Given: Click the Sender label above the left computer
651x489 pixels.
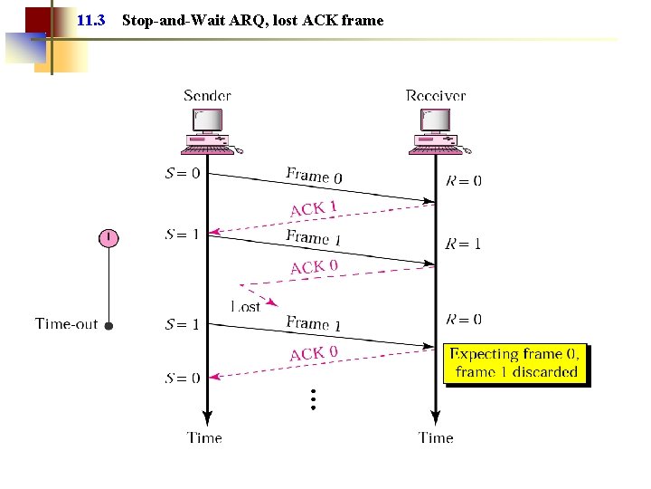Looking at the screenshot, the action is click(x=207, y=95).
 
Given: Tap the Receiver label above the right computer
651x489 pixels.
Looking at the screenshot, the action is click(x=436, y=95).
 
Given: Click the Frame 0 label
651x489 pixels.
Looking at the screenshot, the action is click(x=314, y=175).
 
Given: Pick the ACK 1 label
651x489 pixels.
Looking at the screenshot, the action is click(x=313, y=208).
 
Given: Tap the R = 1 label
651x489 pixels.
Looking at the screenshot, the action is click(x=464, y=244).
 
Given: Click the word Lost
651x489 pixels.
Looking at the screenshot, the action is click(x=245, y=307).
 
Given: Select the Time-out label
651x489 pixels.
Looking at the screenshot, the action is click(x=66, y=323).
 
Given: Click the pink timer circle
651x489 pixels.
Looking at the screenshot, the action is click(x=108, y=238).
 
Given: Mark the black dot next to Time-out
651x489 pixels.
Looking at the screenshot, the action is click(x=108, y=325).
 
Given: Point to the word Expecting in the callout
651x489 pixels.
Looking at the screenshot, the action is click(x=485, y=354).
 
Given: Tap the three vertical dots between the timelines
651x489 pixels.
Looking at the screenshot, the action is click(x=312, y=399).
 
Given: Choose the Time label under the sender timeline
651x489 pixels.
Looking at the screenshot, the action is click(x=205, y=437).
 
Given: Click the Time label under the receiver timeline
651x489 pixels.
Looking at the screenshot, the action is click(x=436, y=437).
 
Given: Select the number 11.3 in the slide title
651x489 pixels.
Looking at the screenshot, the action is click(x=91, y=20).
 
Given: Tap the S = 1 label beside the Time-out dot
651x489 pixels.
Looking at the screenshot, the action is click(x=183, y=324).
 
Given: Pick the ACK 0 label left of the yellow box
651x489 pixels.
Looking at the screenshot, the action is click(x=314, y=353).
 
